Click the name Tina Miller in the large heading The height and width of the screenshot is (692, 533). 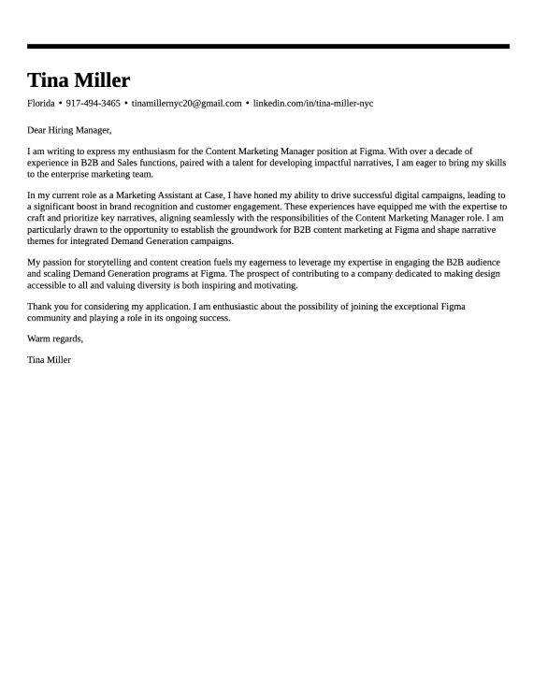pos(79,80)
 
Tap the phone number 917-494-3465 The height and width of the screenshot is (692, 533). pos(94,103)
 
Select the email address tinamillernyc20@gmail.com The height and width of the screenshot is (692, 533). pos(186,103)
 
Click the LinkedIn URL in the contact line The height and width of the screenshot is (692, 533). pos(313,103)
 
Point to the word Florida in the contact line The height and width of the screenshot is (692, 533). pos(41,103)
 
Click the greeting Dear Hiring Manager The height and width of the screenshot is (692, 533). pos(69,130)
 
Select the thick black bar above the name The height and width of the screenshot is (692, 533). pos(268,46)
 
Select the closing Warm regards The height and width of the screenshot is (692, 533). pos(55,339)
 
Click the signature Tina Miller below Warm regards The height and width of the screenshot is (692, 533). pos(50,360)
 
